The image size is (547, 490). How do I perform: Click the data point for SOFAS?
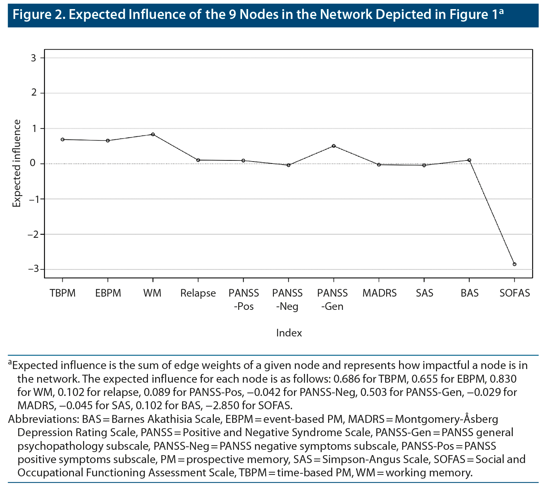pos(514,264)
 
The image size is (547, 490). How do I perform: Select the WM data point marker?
pos(153,134)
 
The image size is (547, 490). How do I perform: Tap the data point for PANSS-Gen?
pos(334,146)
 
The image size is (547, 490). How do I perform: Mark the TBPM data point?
pos(63,140)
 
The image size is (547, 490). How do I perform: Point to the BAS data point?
pos(469,160)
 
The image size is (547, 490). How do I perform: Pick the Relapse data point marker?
pos(198,160)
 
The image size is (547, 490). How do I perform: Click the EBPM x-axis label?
pos(108,293)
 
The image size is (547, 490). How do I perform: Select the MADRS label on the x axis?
pos(379,293)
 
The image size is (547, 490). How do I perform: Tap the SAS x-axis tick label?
pos(424,293)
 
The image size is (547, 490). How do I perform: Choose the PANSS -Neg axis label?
pos(288,300)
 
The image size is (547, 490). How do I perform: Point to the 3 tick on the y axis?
pos(34,58)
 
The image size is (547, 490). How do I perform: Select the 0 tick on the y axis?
pos(34,164)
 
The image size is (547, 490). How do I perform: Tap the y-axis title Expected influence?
pos(17,163)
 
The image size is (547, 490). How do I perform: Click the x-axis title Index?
pos(289,333)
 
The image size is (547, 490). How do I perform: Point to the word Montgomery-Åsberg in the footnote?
pos(446,419)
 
